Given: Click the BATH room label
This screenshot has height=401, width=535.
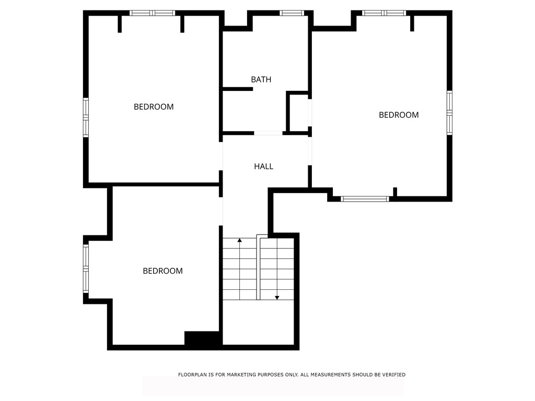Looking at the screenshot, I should tap(261, 79).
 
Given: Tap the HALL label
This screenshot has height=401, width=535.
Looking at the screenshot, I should tap(263, 166).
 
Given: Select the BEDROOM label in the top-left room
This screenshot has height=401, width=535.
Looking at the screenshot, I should tap(154, 107).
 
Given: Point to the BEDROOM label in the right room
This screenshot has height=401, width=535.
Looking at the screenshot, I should tap(399, 115).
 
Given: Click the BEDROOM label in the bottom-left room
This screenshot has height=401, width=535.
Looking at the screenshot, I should tap(162, 270).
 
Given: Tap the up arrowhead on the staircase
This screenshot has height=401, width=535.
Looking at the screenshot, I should tap(239, 240).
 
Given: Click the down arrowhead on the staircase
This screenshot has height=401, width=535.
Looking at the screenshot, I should tap(277, 298).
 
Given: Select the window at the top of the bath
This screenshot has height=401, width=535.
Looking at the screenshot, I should tap(292, 13).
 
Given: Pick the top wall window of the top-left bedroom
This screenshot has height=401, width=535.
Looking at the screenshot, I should tap(152, 13).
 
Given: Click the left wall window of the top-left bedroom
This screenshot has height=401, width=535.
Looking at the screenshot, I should tap(86, 117).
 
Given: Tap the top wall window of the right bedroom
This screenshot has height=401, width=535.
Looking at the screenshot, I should tap(384, 13).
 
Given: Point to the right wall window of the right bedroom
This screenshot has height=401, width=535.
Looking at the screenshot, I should tap(449, 113).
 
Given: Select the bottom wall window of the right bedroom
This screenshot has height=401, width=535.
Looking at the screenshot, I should tap(365, 198).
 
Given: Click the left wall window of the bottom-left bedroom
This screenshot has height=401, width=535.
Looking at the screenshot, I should tap(86, 268).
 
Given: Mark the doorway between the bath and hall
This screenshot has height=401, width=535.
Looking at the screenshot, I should tap(268, 133).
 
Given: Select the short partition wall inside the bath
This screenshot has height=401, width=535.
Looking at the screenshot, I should tap(238, 89).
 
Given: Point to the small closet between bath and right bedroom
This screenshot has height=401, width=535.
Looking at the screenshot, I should tap(299, 113).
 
